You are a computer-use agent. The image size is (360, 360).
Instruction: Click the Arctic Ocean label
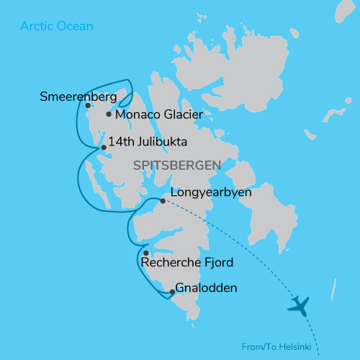click(x=56, y=27)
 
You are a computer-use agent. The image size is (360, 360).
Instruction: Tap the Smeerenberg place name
click(x=78, y=95)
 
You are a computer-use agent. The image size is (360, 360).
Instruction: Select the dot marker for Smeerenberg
click(x=88, y=105)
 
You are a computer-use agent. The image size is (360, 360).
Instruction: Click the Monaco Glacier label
click(x=158, y=114)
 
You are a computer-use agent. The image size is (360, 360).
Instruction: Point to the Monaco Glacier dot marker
click(x=109, y=114)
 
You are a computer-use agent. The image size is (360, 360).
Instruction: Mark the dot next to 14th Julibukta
click(x=104, y=148)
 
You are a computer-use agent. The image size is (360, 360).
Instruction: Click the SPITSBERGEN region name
click(x=176, y=166)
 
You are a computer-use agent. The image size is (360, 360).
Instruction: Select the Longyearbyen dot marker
click(x=163, y=201)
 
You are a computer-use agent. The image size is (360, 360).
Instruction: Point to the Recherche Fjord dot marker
click(x=146, y=253)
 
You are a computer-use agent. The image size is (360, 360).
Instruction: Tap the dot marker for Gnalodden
click(x=172, y=292)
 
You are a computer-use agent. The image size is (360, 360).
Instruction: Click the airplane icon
click(x=297, y=306)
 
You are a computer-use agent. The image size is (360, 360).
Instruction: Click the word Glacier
click(x=182, y=114)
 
